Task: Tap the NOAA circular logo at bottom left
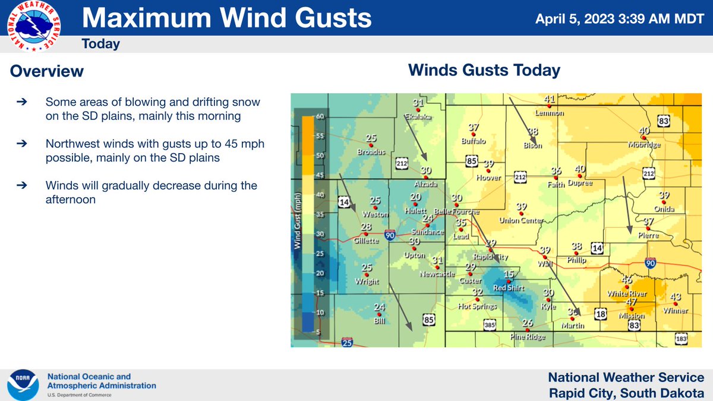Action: click(23, 384)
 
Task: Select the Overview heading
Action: click(47, 72)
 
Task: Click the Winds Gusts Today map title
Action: click(484, 71)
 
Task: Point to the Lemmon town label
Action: click(549, 113)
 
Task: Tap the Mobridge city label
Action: click(643, 144)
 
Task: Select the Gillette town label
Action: click(366, 241)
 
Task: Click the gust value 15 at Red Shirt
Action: click(508, 274)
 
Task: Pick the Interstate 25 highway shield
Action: click(347, 342)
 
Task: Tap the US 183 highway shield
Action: click(681, 339)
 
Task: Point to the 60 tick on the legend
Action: click(320, 117)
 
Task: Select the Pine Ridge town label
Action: click(528, 337)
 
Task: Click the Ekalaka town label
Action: click(418, 117)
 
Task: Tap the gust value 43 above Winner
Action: click(675, 297)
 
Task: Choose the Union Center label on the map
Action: click(522, 221)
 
